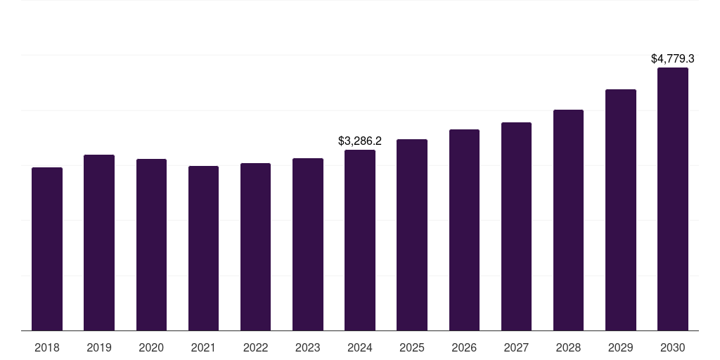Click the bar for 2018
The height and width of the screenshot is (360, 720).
[x=47, y=249]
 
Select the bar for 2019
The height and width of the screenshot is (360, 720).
[x=99, y=243]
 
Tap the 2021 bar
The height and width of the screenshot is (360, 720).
[x=203, y=248]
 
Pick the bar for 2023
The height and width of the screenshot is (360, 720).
[x=308, y=244]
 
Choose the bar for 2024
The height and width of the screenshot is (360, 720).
[x=360, y=240]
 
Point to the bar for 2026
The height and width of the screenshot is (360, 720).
[x=464, y=230]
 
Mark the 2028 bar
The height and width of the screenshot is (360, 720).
[x=568, y=220]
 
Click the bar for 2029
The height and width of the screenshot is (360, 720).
[x=621, y=210]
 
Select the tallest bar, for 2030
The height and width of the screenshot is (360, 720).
[x=673, y=199]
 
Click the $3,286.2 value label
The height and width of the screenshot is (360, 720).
[x=360, y=141]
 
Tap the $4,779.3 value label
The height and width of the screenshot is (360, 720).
[x=673, y=59]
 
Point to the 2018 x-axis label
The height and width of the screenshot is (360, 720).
[x=47, y=347]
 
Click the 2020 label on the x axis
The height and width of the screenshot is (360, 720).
[x=151, y=347]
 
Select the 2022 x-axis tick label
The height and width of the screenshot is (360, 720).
[x=255, y=347]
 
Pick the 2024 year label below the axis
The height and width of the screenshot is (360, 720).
[x=360, y=347]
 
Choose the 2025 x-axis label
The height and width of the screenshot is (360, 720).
[x=412, y=347]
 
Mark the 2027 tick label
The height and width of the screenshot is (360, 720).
[x=516, y=347]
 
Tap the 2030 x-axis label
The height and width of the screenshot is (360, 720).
[x=673, y=347]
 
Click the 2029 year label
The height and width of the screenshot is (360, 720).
[x=621, y=347]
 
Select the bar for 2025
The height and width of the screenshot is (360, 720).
[x=412, y=235]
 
